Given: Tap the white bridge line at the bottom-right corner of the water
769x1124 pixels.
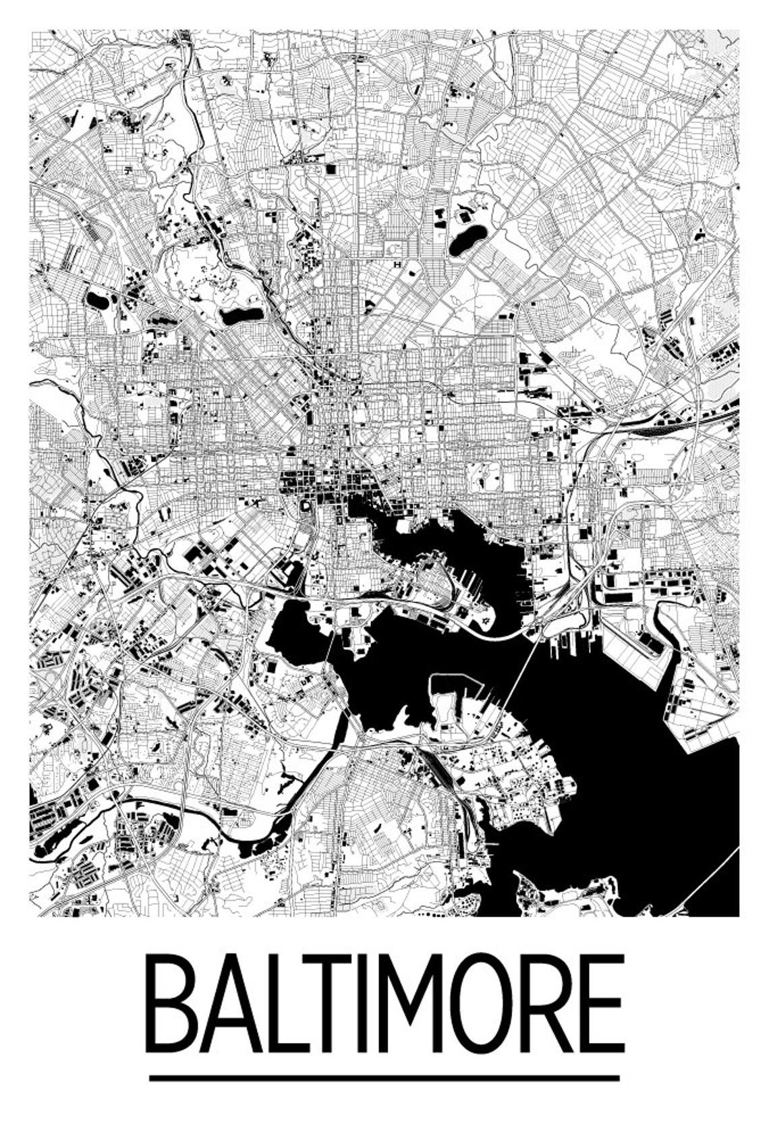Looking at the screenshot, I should [708, 877].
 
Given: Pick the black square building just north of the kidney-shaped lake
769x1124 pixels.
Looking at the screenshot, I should [465, 217].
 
